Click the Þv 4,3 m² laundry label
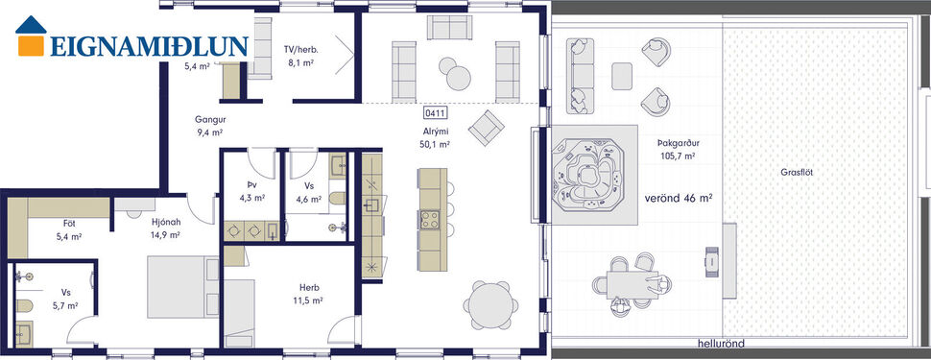[251, 192]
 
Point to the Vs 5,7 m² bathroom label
[64, 299]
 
